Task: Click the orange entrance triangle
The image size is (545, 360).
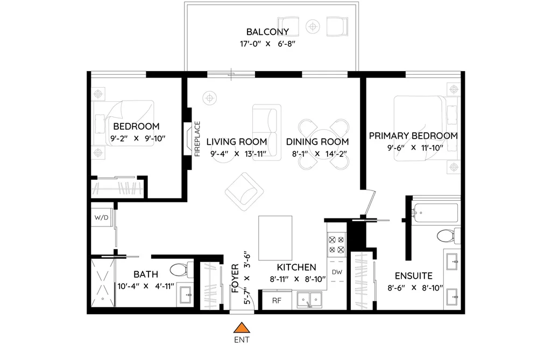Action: (x=242, y=328)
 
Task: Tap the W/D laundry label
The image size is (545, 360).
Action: (x=102, y=218)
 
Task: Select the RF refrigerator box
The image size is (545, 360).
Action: (x=277, y=300)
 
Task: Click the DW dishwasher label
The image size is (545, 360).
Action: (x=337, y=272)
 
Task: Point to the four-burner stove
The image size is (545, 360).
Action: (x=336, y=244)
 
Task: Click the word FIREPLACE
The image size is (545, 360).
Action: (x=197, y=139)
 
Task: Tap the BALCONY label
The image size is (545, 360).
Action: (x=267, y=32)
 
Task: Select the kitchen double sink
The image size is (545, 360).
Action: (x=309, y=300)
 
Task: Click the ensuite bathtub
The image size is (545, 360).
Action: (x=435, y=211)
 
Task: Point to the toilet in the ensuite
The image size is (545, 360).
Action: (x=448, y=236)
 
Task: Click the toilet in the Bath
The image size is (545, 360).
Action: (x=182, y=269)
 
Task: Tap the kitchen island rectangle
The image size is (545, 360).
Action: (x=275, y=238)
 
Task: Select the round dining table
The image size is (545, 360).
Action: (x=323, y=144)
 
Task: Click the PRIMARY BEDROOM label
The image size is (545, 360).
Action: (x=413, y=136)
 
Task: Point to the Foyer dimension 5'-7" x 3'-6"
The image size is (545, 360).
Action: (x=247, y=278)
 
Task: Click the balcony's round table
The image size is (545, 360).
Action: (x=313, y=26)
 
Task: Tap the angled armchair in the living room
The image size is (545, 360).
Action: (x=244, y=192)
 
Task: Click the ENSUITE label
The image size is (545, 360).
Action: (x=414, y=276)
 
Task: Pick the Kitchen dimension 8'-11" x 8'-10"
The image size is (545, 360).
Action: (x=298, y=279)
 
